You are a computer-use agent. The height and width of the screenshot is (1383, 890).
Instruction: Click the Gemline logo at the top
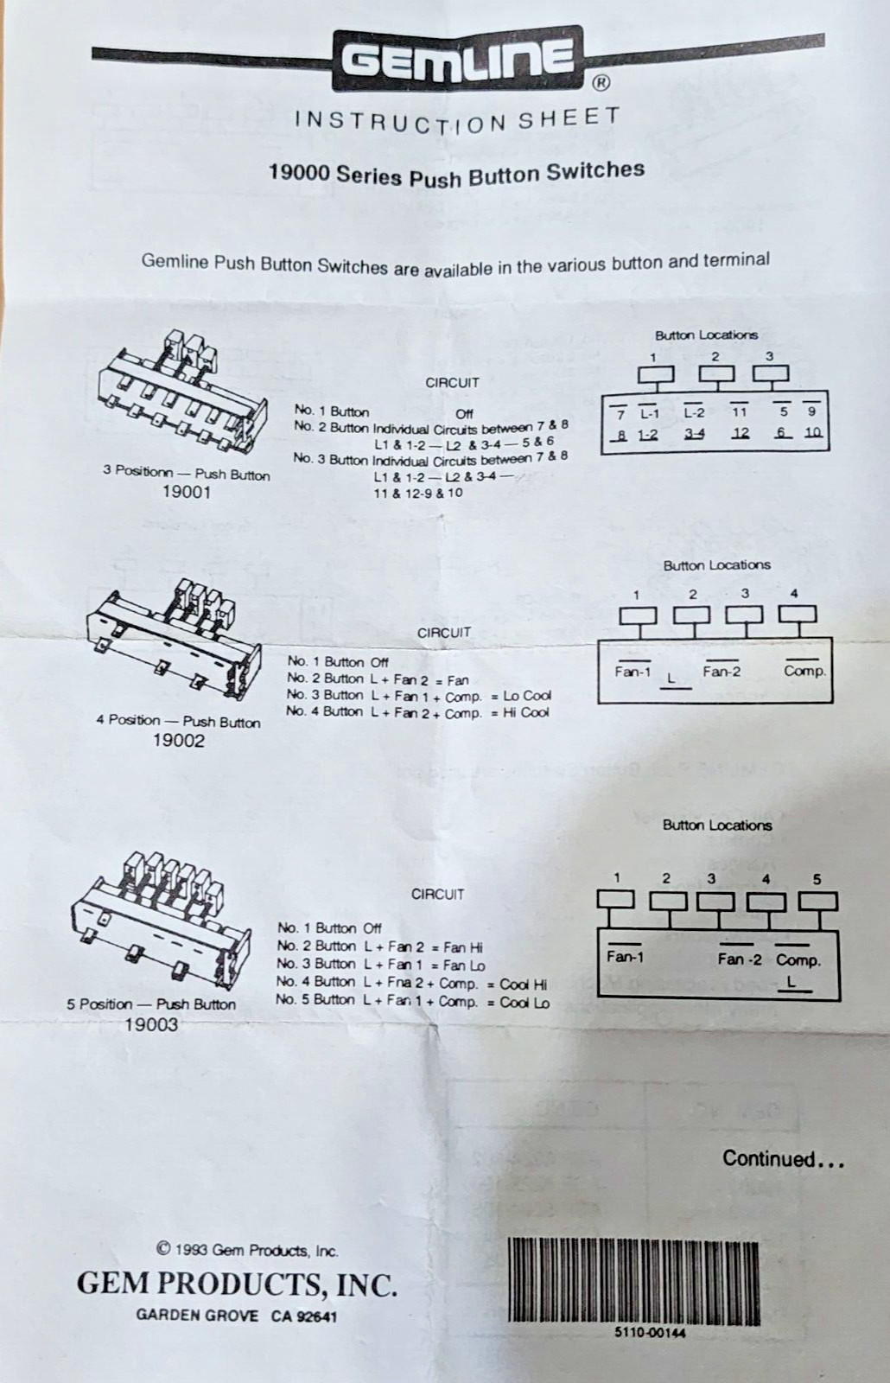point(458,59)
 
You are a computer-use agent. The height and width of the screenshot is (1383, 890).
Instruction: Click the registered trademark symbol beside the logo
point(601,83)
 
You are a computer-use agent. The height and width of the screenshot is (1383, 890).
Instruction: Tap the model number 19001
point(187,492)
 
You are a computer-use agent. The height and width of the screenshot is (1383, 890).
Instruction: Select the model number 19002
point(178,740)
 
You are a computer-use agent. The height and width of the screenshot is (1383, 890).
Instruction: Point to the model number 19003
point(151,1025)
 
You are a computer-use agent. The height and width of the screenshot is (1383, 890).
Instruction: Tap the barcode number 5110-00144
point(650,1332)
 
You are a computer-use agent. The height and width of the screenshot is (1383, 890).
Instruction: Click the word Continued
point(769,1158)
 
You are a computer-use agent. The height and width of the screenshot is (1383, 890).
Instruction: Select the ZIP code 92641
point(316,1317)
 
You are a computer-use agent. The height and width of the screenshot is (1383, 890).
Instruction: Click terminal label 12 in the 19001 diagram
point(740,433)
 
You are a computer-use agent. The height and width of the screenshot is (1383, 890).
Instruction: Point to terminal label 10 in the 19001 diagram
point(813,432)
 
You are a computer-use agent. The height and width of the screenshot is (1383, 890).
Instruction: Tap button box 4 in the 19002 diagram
point(798,615)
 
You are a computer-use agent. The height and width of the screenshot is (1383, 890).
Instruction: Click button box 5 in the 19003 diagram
point(817,902)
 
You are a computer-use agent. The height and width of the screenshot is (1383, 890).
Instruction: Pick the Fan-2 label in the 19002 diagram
point(721,671)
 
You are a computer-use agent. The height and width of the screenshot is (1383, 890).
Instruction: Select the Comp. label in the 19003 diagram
point(798,960)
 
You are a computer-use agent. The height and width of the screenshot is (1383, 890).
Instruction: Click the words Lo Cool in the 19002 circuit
point(527,696)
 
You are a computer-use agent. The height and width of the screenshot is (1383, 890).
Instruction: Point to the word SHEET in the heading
point(569,118)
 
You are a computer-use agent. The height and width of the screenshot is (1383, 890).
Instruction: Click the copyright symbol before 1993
point(164,1248)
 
